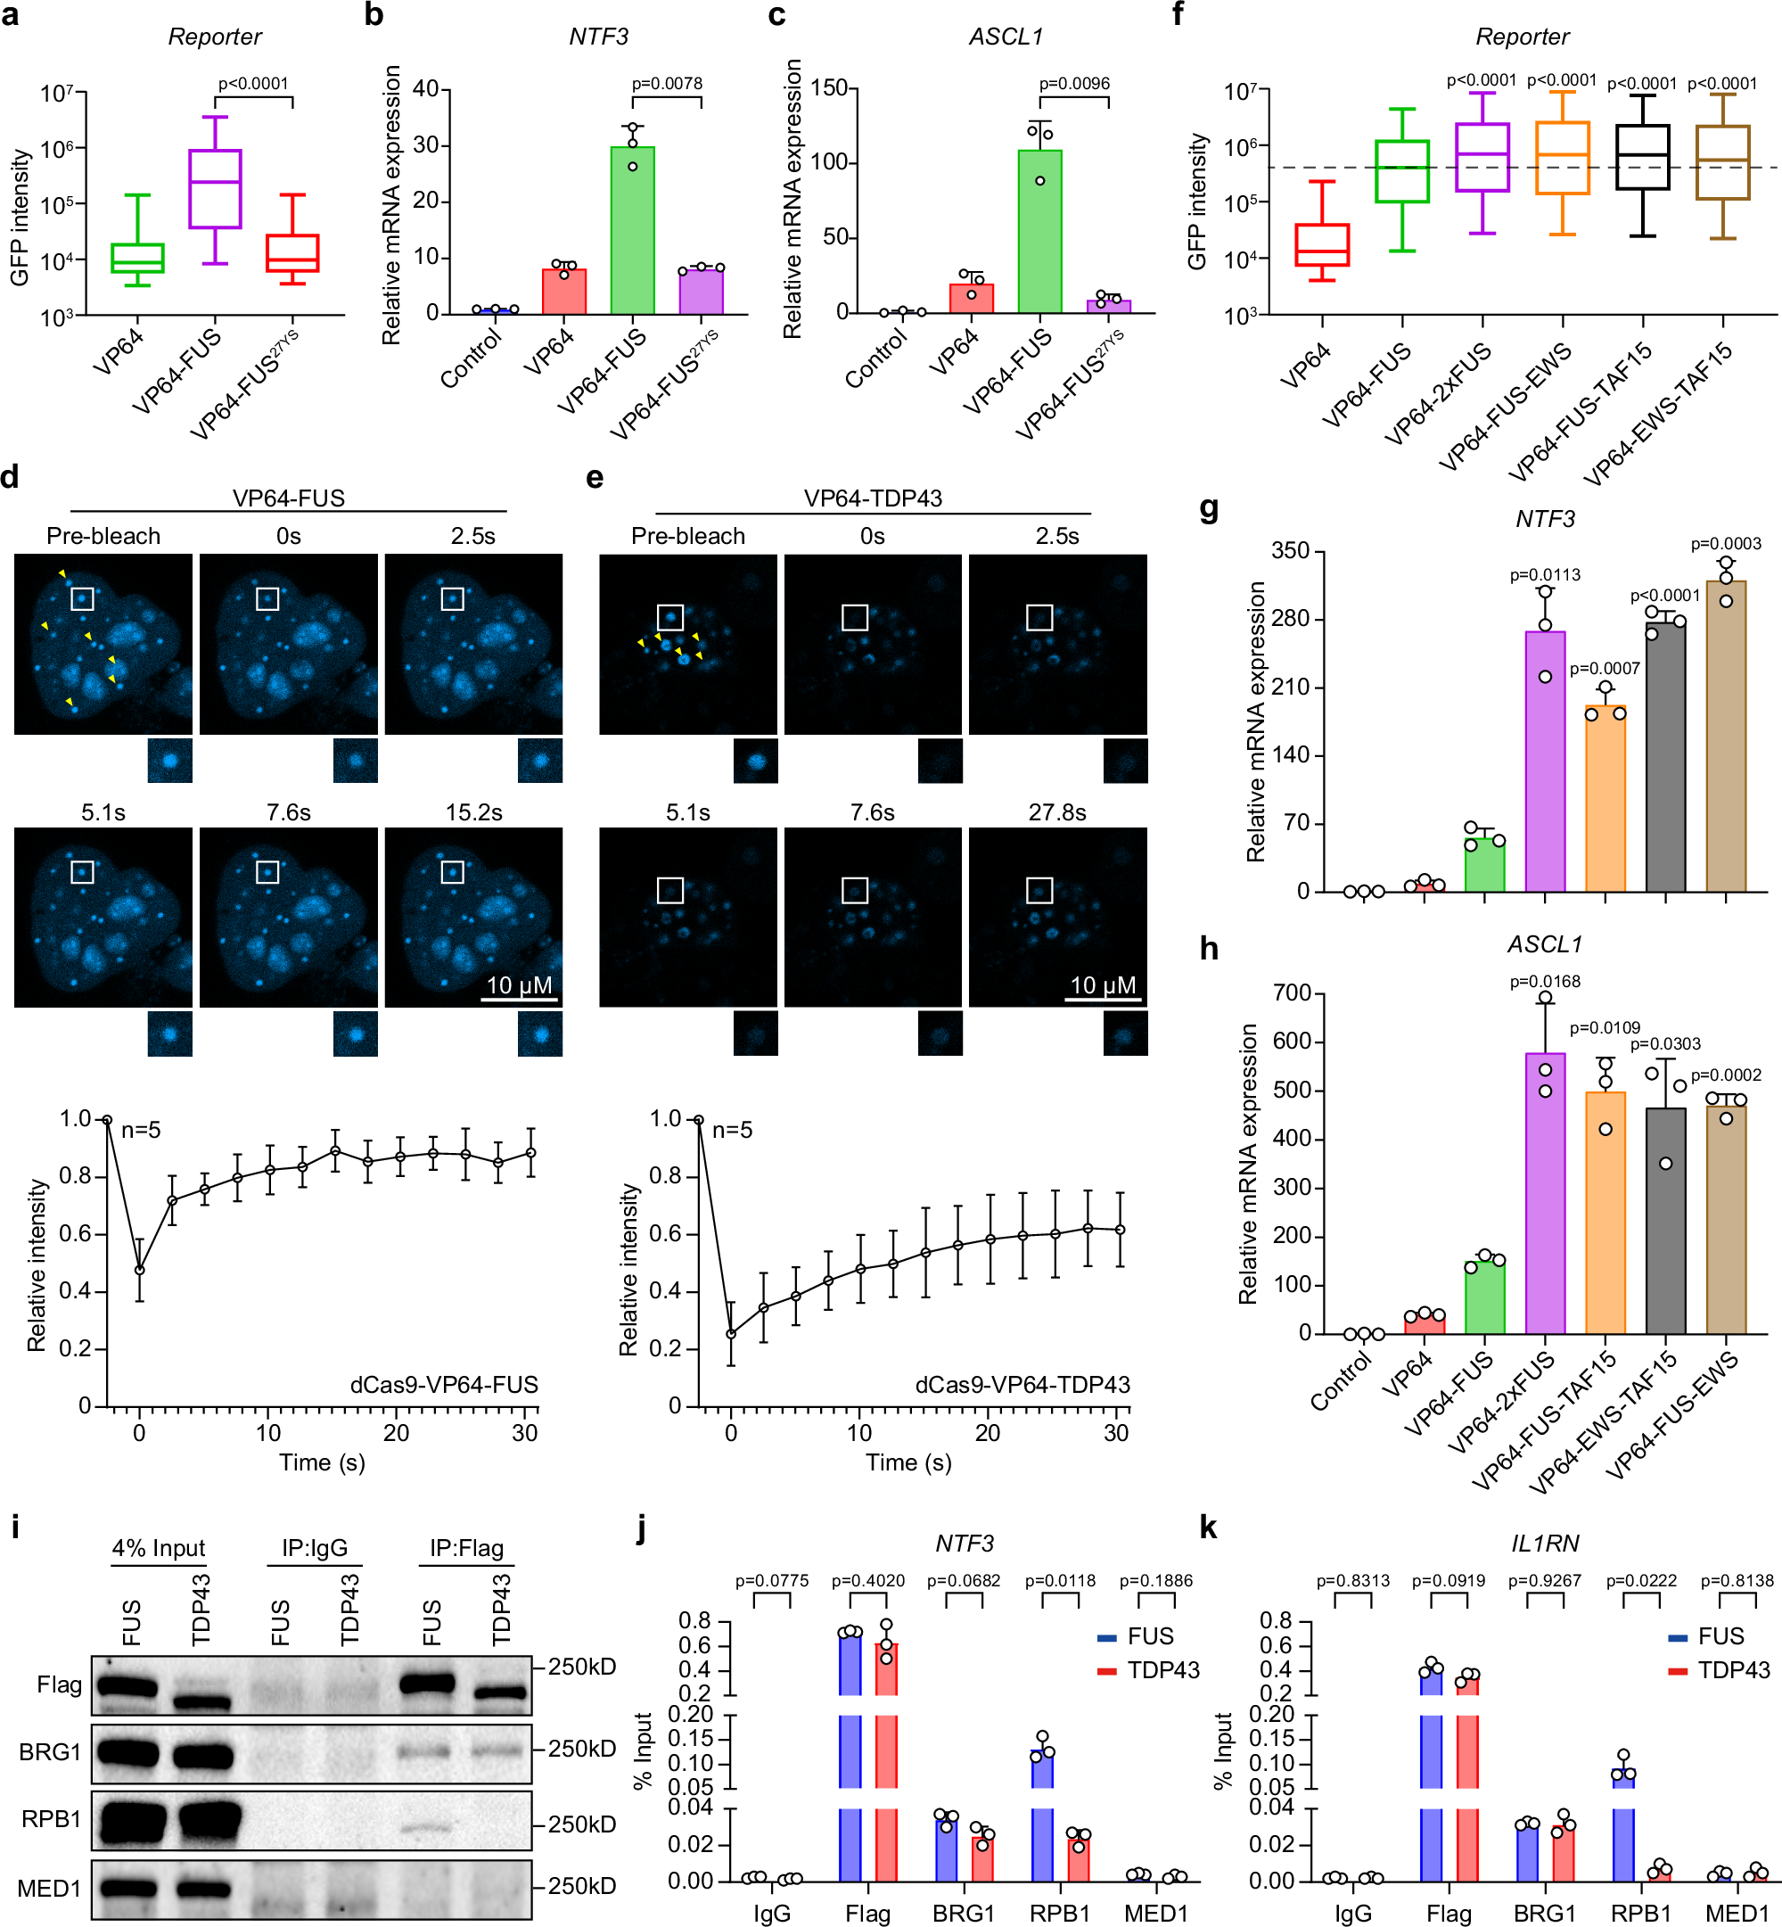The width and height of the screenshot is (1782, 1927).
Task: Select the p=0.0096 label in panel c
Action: click(x=1073, y=83)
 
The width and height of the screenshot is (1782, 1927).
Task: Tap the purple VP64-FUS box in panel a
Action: click(x=215, y=188)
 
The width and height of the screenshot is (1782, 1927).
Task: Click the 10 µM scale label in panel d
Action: click(x=519, y=984)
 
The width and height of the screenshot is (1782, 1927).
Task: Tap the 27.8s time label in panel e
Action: click(x=1057, y=812)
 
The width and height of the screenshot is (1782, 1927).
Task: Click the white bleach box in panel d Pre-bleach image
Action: click(x=83, y=599)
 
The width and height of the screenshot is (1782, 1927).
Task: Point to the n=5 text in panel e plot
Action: click(x=732, y=1130)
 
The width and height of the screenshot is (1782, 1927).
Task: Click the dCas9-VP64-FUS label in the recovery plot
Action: click(x=444, y=1384)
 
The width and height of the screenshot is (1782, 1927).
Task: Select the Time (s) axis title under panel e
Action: click(x=908, y=1462)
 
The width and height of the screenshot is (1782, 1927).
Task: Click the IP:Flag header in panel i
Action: click(x=467, y=1547)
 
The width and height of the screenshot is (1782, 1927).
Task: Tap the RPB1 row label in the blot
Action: click(x=52, y=1818)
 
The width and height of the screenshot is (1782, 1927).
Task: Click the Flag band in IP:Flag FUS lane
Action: click(x=426, y=1684)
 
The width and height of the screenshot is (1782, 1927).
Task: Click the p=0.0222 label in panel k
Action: click(x=1640, y=1581)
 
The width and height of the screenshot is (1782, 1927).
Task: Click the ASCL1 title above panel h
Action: click(x=1544, y=943)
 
